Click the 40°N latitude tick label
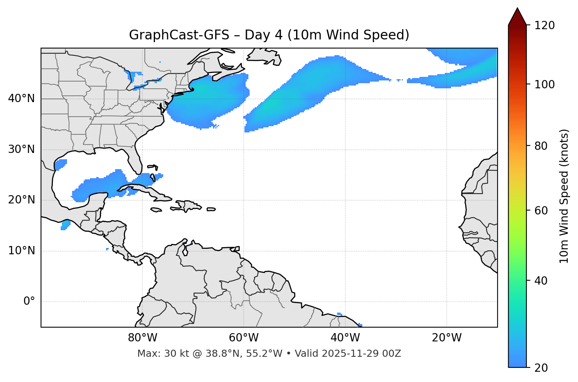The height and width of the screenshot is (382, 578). [21, 99]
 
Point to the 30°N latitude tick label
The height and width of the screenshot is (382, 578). [21, 149]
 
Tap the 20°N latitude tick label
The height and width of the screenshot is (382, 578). [21, 200]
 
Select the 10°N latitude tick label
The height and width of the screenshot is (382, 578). [21, 251]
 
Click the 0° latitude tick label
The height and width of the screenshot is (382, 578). [29, 302]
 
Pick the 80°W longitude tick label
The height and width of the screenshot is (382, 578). [142, 338]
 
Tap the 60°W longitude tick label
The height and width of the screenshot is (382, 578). [244, 338]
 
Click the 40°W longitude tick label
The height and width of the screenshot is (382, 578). [345, 338]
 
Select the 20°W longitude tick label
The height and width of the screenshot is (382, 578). [446, 338]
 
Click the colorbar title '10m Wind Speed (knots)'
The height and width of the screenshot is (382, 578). [564, 196]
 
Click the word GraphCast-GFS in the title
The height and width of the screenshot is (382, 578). [179, 35]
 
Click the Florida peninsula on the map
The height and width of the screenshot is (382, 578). [134, 160]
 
